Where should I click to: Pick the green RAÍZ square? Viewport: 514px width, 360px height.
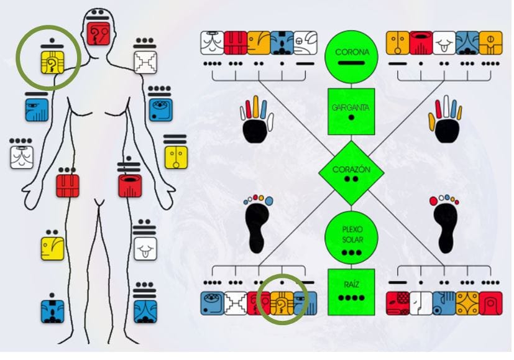click(x=351, y=292)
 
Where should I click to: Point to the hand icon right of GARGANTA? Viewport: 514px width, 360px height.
click(x=446, y=122)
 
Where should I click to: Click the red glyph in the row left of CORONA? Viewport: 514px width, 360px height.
click(x=236, y=44)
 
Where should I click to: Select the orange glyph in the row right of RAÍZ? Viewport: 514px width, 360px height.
click(x=467, y=303)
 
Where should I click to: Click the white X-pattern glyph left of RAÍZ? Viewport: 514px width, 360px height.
click(x=236, y=303)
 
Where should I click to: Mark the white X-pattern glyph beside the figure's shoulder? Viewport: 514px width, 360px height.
click(x=145, y=62)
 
